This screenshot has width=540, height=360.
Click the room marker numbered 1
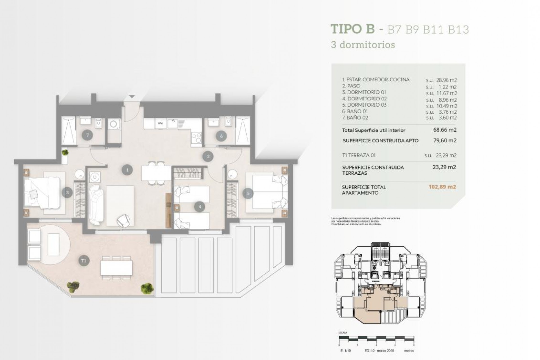coord(127,170)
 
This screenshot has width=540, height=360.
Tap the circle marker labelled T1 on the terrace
coord(84,261)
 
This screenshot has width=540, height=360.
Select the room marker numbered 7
coord(87,135)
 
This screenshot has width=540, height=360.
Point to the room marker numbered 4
coord(200,207)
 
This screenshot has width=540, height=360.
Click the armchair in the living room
coord(123,220)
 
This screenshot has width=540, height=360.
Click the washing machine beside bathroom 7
coord(114,124)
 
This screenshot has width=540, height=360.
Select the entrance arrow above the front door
coord(132,96)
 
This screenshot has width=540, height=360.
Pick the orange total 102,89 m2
coord(442,187)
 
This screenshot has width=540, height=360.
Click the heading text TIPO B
coord(352,29)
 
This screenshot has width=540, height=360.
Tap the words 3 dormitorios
coord(363,45)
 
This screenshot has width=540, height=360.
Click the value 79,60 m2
coord(445,140)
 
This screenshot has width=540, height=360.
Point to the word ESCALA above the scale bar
coord(343,332)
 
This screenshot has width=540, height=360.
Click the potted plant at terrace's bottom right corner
coord(147,288)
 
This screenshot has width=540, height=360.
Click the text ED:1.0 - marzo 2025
coord(379,351)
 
